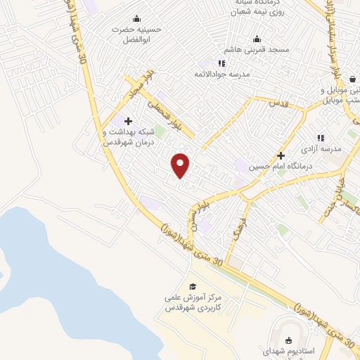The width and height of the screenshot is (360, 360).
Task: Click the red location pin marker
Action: tap(181, 165)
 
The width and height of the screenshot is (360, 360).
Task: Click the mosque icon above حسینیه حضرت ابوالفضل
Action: tap(136, 19)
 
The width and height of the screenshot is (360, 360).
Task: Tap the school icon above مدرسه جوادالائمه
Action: tap(222, 63)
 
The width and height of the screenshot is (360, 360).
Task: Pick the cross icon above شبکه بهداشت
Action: tap(128, 121)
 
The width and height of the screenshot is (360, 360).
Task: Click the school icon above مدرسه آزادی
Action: tap(321, 138)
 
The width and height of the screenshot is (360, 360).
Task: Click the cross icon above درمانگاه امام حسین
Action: tap(281, 155)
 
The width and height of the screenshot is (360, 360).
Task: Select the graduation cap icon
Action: tap(193, 286)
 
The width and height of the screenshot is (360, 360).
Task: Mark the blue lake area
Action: tap(42, 281)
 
